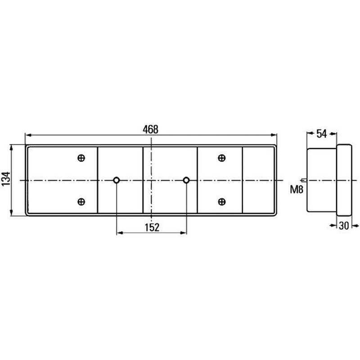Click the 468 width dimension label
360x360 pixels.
pyautogui.click(x=150, y=130)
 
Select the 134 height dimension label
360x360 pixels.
pyautogui.click(x=6, y=179)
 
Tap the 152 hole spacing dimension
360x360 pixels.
pyautogui.click(x=152, y=228)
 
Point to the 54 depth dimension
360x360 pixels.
pyautogui.click(x=321, y=134)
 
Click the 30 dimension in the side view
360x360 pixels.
pyautogui.click(x=344, y=226)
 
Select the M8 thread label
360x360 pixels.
pyautogui.click(x=297, y=189)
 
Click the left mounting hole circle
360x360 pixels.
pyautogui.click(x=117, y=180)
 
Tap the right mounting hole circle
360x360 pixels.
pyautogui.click(x=186, y=180)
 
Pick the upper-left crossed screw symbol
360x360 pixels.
pyautogui.click(x=81, y=158)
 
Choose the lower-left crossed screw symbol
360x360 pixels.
pyautogui.click(x=81, y=202)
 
